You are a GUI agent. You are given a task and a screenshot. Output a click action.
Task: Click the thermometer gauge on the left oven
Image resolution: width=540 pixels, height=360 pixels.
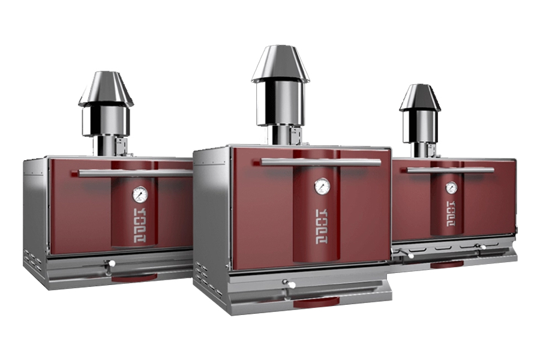(140, 194)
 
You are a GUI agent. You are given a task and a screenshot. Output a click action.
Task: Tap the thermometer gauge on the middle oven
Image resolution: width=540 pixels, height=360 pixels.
(322, 186)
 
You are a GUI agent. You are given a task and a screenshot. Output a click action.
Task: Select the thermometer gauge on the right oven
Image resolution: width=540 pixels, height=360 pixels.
(451, 188)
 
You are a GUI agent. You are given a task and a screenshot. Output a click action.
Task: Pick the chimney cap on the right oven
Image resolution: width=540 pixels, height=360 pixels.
(420, 98)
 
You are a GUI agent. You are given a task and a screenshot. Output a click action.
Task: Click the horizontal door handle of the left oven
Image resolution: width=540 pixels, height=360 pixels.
(135, 173)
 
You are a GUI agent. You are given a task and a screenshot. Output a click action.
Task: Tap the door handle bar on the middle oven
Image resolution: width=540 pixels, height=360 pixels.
(321, 162)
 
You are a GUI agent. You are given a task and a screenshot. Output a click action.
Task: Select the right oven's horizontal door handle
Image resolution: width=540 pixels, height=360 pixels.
(451, 170)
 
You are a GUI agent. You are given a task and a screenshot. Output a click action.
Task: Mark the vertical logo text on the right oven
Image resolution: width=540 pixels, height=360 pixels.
(450, 214)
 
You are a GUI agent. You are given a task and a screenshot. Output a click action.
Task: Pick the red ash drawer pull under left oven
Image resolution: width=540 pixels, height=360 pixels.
(134, 277)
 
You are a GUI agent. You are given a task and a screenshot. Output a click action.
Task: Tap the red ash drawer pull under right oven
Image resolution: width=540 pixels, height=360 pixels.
(447, 263)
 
